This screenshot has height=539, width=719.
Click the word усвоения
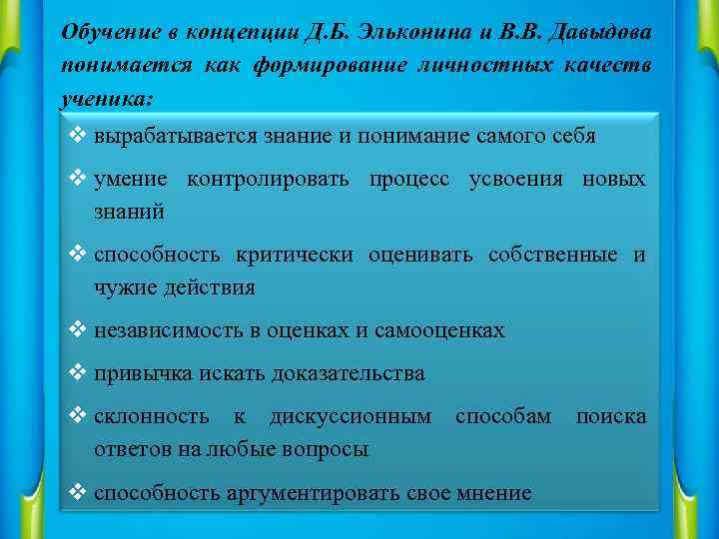pyautogui.click(x=525, y=180)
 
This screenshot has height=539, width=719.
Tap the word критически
pyautogui.click(x=294, y=256)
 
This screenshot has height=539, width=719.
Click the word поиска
pyautogui.click(x=611, y=416)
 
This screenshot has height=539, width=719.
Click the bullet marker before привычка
pyautogui.click(x=80, y=374)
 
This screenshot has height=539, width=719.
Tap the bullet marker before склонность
pyautogui.click(x=80, y=416)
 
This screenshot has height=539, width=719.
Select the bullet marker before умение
pyautogui.click(x=80, y=180)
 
